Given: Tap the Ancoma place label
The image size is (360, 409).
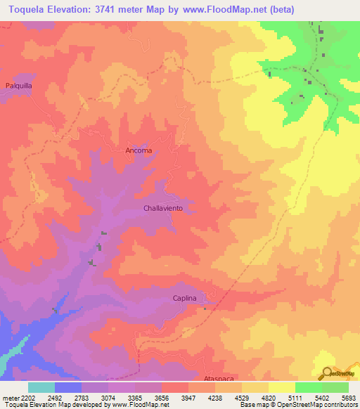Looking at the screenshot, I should (139, 150).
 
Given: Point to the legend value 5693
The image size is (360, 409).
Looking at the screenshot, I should (349, 398).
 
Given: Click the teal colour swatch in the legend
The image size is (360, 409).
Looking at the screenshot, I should (41, 387).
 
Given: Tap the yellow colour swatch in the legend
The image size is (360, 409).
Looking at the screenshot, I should (281, 387).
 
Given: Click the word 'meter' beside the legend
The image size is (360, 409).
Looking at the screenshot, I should (10, 398).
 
